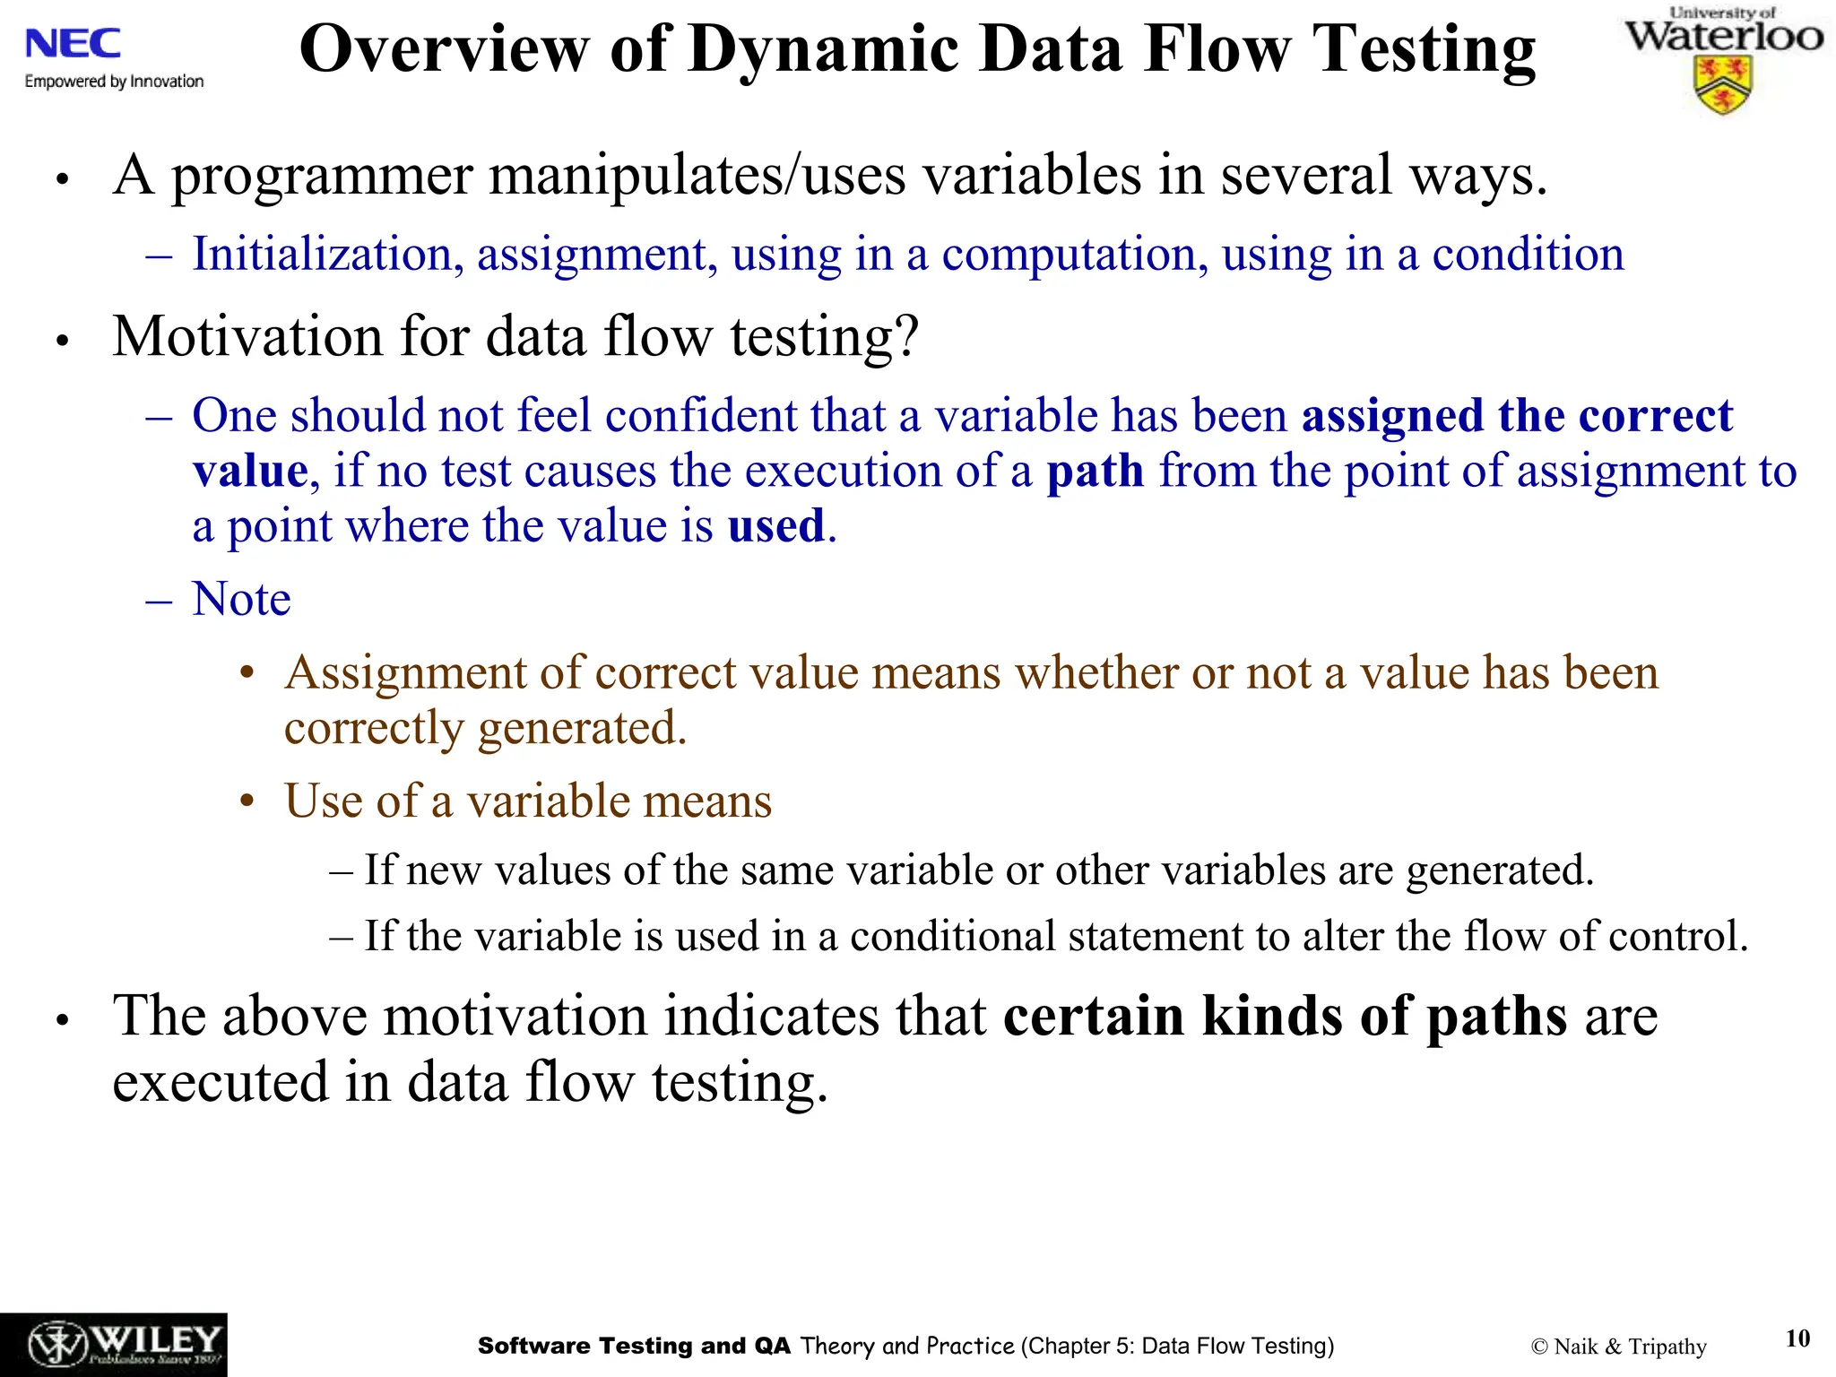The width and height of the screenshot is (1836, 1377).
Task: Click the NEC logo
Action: point(74,44)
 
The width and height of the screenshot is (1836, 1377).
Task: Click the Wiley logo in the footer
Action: point(114,1345)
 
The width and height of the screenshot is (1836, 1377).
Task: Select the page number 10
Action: point(1797,1338)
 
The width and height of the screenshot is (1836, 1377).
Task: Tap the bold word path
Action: point(1095,472)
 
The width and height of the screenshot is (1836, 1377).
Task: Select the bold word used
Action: point(775,526)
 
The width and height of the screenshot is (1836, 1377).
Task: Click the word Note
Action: point(241,599)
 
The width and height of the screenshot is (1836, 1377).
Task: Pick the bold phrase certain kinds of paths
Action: point(1285,1017)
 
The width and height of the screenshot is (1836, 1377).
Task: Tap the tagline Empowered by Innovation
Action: point(114,82)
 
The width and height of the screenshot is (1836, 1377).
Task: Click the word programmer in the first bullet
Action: point(321,176)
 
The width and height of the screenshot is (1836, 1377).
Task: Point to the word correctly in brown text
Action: point(374,728)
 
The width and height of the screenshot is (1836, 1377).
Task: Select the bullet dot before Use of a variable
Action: point(248,801)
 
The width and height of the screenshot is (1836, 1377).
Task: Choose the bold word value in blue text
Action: point(250,472)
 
